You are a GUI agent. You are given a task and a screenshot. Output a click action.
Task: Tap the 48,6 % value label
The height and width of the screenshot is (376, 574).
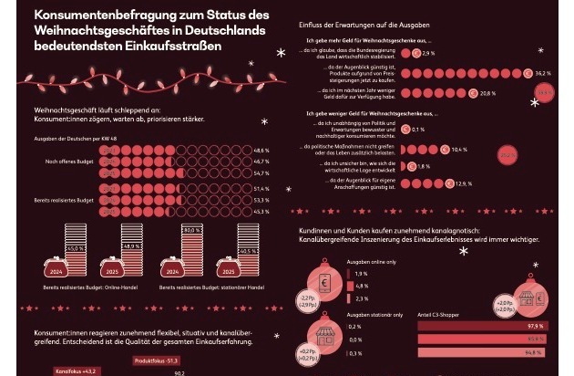[261, 150]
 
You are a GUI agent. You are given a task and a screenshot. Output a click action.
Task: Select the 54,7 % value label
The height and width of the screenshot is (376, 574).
[261, 172]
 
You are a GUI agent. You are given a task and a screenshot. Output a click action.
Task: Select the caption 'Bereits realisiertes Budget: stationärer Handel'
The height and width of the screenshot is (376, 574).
[210, 287]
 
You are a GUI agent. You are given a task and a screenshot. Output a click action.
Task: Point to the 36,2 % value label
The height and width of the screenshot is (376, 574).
[543, 71]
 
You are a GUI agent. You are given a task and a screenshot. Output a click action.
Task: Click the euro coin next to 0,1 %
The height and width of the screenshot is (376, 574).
[407, 130]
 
